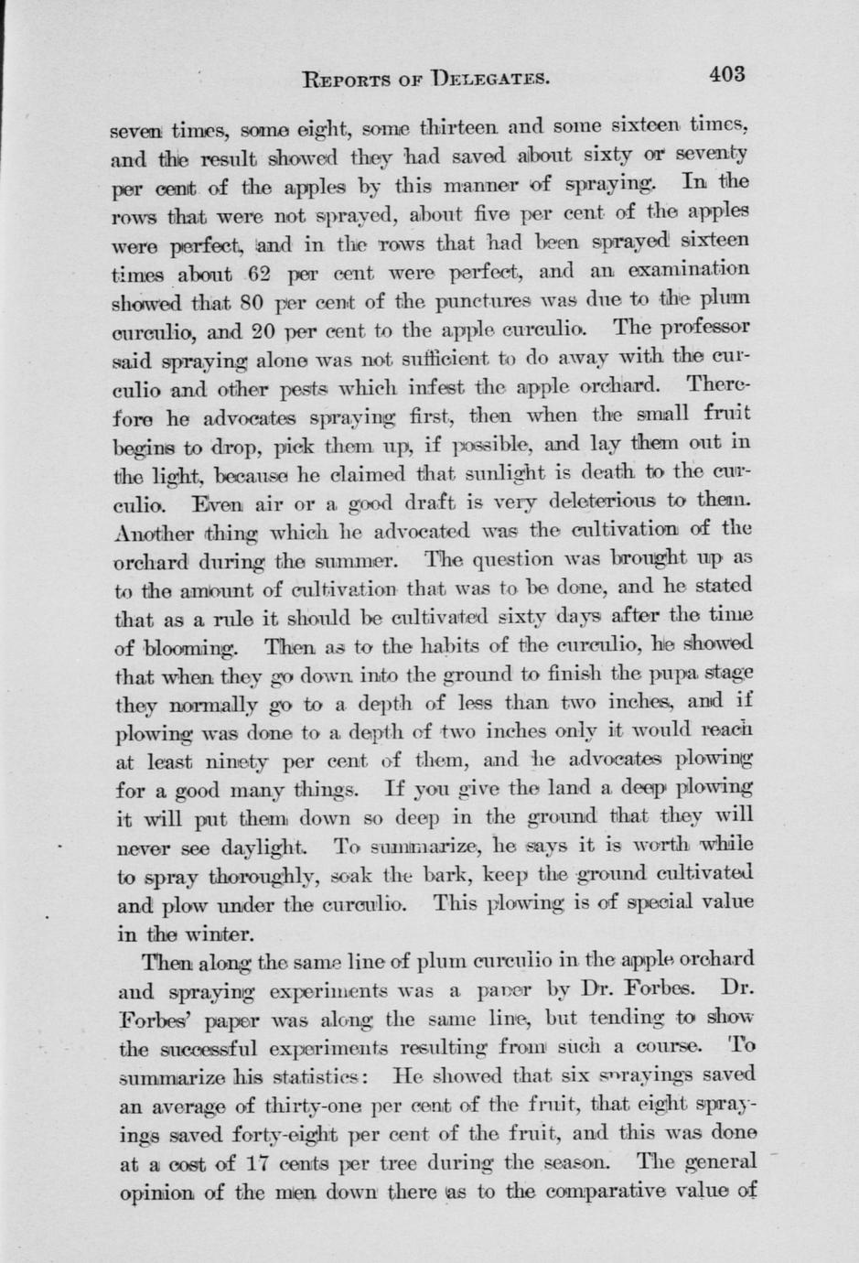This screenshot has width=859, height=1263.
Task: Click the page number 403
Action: click(725, 74)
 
